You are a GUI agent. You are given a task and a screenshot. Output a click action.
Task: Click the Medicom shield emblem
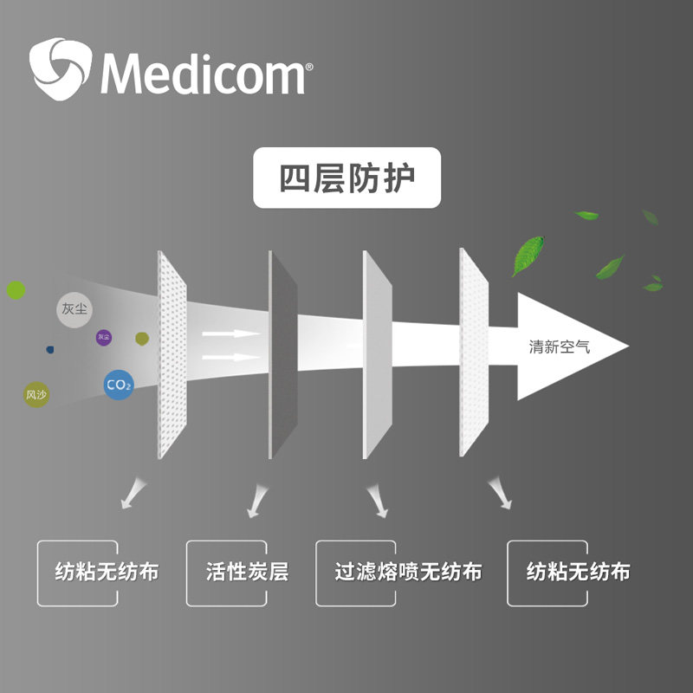[60, 68]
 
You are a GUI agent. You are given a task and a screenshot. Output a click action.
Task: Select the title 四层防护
[346, 179]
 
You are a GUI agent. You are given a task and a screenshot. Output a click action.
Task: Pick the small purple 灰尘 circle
[104, 336]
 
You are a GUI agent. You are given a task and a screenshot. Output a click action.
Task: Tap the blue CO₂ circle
[118, 385]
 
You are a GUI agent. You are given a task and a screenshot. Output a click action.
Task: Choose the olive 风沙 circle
[36, 395]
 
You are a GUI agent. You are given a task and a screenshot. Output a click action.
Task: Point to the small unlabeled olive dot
[142, 336]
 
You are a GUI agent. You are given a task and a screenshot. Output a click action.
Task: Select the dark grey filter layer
[283, 355]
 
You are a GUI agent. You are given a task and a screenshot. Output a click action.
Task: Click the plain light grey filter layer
[378, 355]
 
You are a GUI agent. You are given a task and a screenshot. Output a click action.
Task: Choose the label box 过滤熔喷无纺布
[408, 573]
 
